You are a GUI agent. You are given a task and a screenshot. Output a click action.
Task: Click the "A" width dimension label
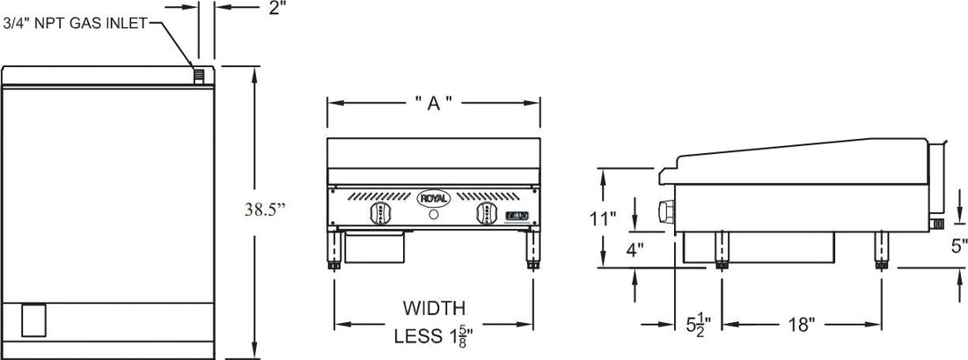[433, 103]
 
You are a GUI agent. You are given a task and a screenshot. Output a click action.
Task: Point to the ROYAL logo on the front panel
[433, 199]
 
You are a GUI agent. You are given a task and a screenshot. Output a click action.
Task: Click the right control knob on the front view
[485, 215]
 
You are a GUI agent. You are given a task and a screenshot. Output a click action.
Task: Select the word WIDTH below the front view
[433, 308]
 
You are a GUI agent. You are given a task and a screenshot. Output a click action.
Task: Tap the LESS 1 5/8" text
[433, 334]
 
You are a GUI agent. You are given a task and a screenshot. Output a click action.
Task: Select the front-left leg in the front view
[335, 250]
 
